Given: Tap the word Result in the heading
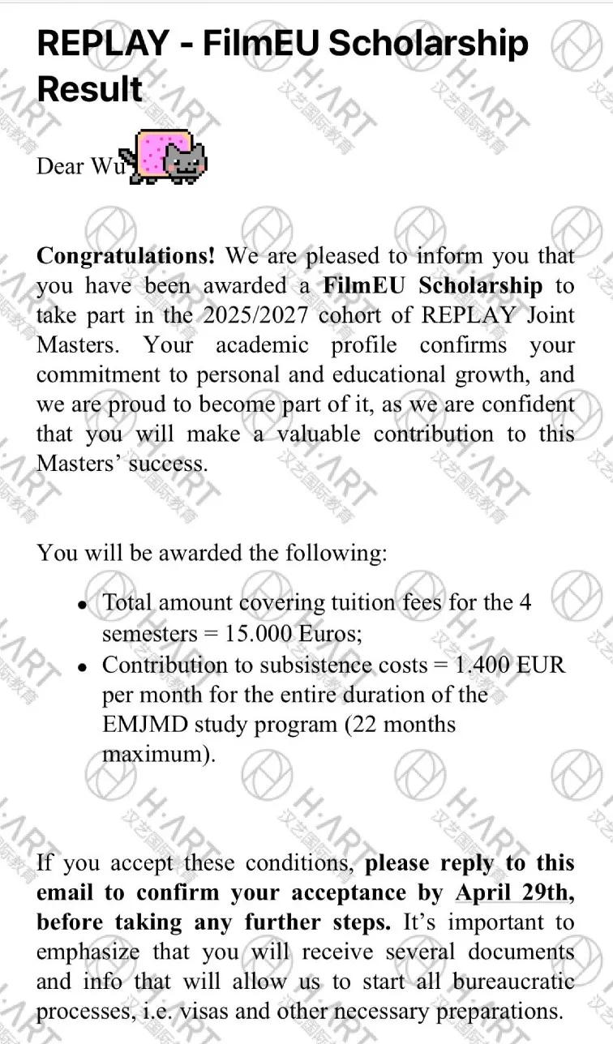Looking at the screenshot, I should (90, 88).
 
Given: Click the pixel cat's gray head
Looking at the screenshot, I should (185, 160).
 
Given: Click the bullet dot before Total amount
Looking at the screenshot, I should (81, 605).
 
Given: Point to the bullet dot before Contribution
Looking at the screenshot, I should (81, 666).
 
